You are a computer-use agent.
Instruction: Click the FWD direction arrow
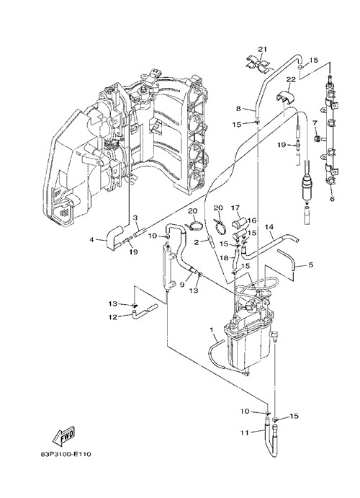coord(64,435)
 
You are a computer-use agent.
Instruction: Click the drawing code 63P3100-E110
coord(66,454)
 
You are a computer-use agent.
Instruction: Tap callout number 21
coord(262,49)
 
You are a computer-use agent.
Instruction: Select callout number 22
coord(291,79)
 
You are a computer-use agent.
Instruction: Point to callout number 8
coord(238,109)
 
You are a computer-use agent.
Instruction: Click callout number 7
coord(315,123)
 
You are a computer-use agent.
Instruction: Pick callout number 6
coord(332,199)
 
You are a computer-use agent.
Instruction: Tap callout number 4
coord(92,240)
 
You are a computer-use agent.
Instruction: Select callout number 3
coord(135,218)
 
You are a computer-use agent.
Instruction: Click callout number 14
coord(269,227)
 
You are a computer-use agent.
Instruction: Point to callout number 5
coord(310,264)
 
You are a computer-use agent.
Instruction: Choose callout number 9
coord(182,285)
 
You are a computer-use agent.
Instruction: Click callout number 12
coord(113,317)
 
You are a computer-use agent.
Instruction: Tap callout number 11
coord(245,432)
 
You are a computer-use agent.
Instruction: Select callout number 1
coord(212,330)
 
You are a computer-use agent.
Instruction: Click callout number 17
coord(235,208)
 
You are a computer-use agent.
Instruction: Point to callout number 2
coord(197,242)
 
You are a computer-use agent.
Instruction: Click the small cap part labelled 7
coord(316,138)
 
